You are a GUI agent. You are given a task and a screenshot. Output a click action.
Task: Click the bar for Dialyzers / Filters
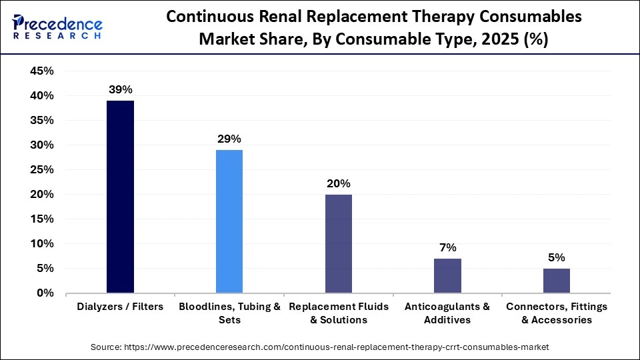click(121, 197)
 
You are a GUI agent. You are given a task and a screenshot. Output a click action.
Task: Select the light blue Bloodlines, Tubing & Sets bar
click(229, 221)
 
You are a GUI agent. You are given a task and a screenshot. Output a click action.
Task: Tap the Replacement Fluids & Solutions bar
click(339, 243)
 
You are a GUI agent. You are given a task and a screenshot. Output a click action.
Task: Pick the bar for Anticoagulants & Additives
click(447, 275)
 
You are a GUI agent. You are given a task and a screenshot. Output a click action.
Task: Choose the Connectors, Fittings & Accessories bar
click(557, 281)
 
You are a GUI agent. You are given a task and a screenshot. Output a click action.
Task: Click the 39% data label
click(121, 89)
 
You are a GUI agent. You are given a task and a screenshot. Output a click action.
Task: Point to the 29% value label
click(229, 139)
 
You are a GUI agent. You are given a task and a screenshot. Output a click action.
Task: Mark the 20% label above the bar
click(339, 183)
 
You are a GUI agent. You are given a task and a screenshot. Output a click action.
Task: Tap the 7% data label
click(447, 247)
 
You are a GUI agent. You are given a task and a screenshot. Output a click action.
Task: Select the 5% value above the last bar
click(557, 257)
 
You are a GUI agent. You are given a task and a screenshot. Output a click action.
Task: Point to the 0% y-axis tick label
click(45, 293)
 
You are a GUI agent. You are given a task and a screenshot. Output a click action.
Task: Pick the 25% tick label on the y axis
click(42, 170)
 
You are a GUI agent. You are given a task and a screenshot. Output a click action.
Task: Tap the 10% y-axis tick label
click(42, 244)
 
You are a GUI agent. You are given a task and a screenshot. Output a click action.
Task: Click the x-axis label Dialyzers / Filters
click(121, 307)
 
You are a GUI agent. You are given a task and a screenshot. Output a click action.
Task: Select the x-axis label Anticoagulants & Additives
click(447, 313)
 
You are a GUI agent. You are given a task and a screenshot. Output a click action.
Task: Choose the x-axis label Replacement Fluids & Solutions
click(339, 313)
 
